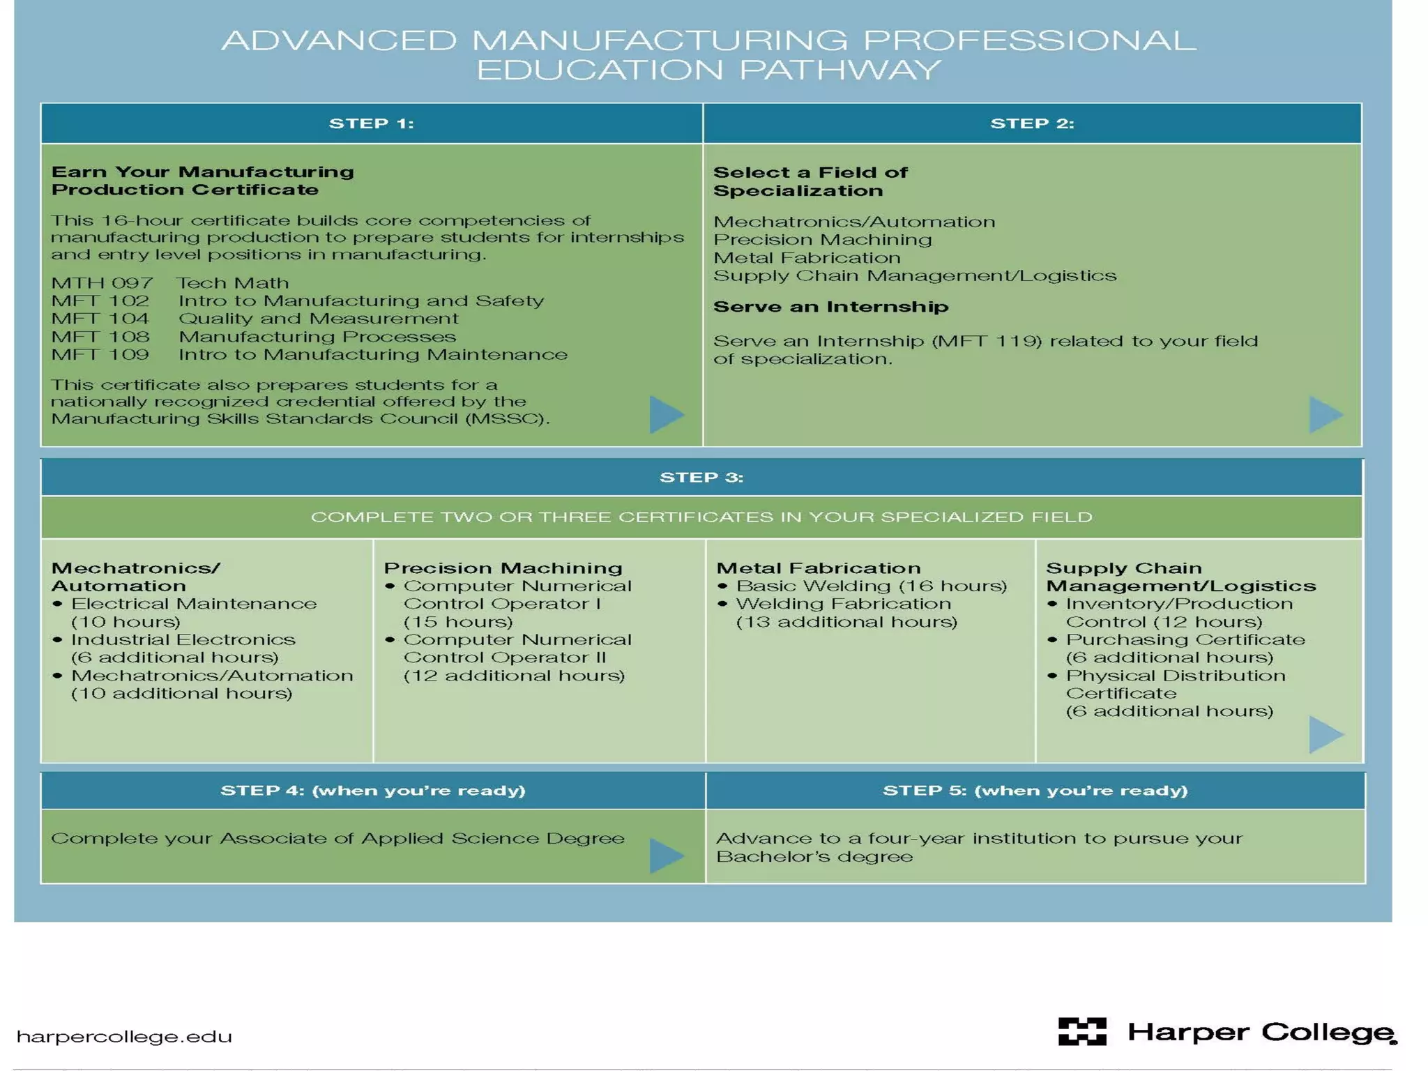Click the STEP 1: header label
coord(371,123)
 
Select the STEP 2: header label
coord(1032,123)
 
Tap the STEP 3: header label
coord(701,478)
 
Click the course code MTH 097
coord(102,283)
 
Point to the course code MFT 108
coord(100,337)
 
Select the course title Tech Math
coord(232,283)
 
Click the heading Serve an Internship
coord(830,307)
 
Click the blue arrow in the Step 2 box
coord(1326,414)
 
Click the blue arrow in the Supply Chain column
coord(1326,734)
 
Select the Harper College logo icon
coord(1082,1031)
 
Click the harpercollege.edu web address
coord(124,1037)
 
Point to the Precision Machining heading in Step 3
coord(503,568)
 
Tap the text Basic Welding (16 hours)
coord(872,586)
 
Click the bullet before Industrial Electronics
coord(58,639)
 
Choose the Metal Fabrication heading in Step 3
coord(819,568)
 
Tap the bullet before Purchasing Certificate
coord(1053,639)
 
